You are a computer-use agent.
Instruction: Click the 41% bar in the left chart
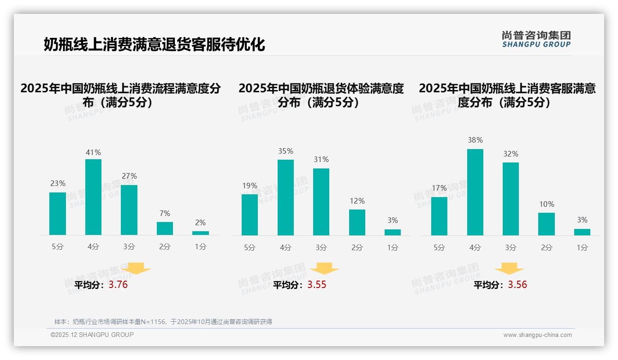click(93, 197)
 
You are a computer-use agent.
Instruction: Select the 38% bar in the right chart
click(475, 192)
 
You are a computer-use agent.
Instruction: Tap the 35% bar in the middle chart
click(285, 198)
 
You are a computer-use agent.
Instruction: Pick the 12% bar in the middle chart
click(357, 222)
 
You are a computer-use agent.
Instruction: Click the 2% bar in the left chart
click(201, 233)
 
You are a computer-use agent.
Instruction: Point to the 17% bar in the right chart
click(439, 216)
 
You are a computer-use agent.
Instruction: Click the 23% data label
click(58, 183)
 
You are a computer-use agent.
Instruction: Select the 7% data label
click(165, 213)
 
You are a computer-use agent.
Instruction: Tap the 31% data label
click(321, 159)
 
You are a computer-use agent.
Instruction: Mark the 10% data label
click(547, 204)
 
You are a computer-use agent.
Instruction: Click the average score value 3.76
click(118, 285)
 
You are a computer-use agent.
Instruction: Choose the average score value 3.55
click(317, 285)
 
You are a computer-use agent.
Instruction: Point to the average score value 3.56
click(517, 285)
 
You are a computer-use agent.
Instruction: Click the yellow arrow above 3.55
click(324, 269)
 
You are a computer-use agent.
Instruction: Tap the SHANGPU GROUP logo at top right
click(536, 39)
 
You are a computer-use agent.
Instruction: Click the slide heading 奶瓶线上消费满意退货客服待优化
click(154, 45)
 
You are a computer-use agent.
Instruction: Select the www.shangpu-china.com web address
click(537, 335)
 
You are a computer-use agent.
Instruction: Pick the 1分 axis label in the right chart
click(582, 248)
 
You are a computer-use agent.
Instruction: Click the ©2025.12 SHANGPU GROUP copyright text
click(92, 335)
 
